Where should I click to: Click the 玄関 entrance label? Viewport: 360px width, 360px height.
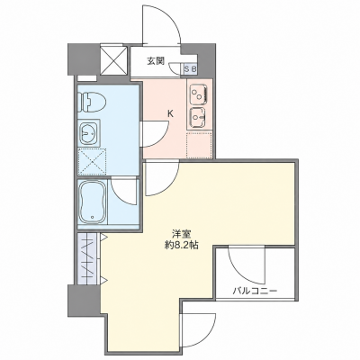coord(156,61)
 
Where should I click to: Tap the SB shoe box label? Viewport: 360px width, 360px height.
coord(191,68)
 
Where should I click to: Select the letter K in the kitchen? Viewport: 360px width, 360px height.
coord(170,113)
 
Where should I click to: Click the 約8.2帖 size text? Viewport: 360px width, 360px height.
coord(181,246)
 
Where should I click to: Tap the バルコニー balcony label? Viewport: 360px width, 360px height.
coord(256,291)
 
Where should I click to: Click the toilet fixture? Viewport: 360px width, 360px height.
coord(92,102)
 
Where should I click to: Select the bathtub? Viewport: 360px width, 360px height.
coord(92,202)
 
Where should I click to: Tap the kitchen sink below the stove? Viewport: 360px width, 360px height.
coord(199,117)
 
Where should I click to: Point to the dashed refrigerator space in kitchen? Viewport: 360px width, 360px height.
coord(199,145)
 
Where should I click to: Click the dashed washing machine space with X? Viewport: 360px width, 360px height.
coord(92,162)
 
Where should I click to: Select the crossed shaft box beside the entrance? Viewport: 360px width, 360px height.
coord(113,60)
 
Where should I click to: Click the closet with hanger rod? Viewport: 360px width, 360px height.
coord(88,258)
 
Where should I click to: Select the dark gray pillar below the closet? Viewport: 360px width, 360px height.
coord(84,299)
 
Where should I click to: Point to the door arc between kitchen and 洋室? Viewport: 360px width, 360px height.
coord(169,184)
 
